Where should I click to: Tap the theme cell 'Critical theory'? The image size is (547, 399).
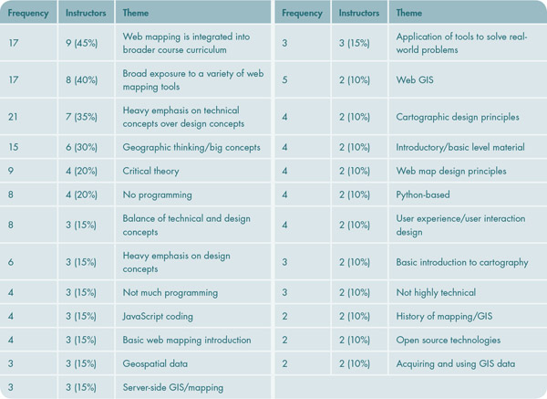pyautogui.click(x=151, y=171)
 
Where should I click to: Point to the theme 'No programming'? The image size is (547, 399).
pyautogui.click(x=158, y=194)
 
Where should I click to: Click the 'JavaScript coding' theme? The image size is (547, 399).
pyautogui.click(x=162, y=316)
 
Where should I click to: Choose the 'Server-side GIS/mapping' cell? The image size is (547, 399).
pyautogui.click(x=173, y=387)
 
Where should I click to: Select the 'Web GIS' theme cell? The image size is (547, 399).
pyautogui.click(x=412, y=80)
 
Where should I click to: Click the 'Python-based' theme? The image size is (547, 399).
pyautogui.click(x=422, y=194)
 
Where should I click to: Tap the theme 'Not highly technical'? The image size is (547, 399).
pyautogui.click(x=436, y=292)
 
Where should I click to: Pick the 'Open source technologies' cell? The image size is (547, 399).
pyautogui.click(x=448, y=340)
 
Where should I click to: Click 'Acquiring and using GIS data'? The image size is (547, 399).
pyautogui.click(x=455, y=363)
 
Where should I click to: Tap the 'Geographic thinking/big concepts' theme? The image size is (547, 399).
pyautogui.click(x=191, y=147)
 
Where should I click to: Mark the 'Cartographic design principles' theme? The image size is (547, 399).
pyautogui.click(x=457, y=117)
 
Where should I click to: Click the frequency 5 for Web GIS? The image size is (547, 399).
pyautogui.click(x=285, y=80)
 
